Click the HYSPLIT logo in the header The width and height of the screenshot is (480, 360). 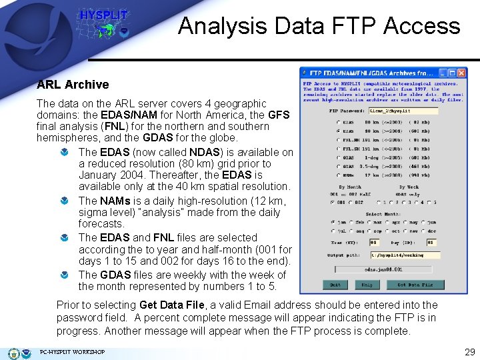tap(103, 24)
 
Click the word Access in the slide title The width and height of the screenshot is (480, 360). tap(427, 26)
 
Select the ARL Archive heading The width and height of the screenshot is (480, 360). tap(73, 85)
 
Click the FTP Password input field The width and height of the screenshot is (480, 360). tap(412, 111)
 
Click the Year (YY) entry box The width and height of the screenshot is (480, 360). tap(374, 243)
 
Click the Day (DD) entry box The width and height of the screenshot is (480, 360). tap(431, 243)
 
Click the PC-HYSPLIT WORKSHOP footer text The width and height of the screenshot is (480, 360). tap(72, 352)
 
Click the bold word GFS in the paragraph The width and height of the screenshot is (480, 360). tap(279, 115)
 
